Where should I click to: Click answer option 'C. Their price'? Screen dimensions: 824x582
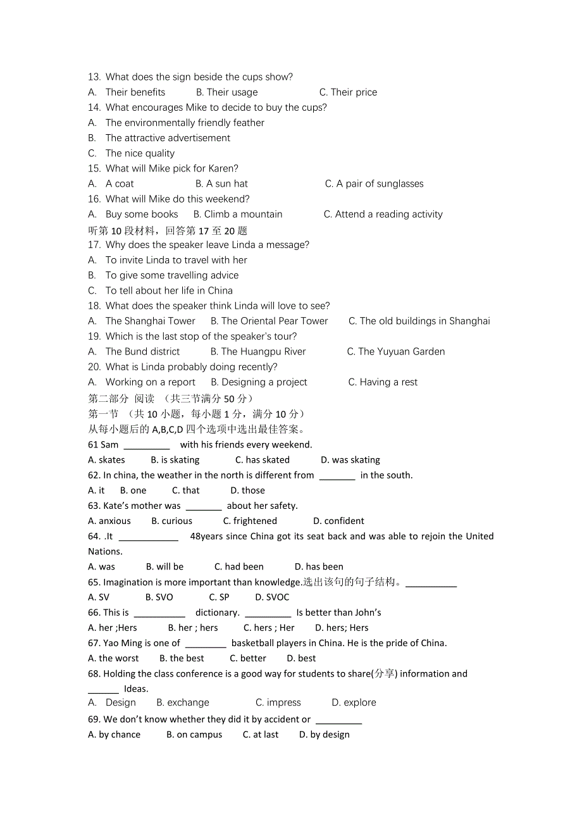point(348,92)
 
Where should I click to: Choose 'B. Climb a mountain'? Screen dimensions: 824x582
point(238,215)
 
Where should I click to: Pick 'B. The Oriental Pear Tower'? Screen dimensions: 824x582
point(269,321)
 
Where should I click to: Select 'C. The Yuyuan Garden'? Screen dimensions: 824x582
point(396,352)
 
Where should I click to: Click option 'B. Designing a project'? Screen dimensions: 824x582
point(259,382)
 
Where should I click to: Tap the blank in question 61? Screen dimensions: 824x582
point(147,446)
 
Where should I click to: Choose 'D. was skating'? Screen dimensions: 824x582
point(350,460)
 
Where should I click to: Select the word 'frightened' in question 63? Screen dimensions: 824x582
point(255,521)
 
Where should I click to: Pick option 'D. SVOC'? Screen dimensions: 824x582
point(272,597)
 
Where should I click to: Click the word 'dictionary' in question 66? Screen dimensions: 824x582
point(216,613)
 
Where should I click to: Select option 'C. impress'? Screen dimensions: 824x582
point(278,703)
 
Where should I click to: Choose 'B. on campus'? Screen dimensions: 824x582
point(194,735)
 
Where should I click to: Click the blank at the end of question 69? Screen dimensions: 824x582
point(338,720)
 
